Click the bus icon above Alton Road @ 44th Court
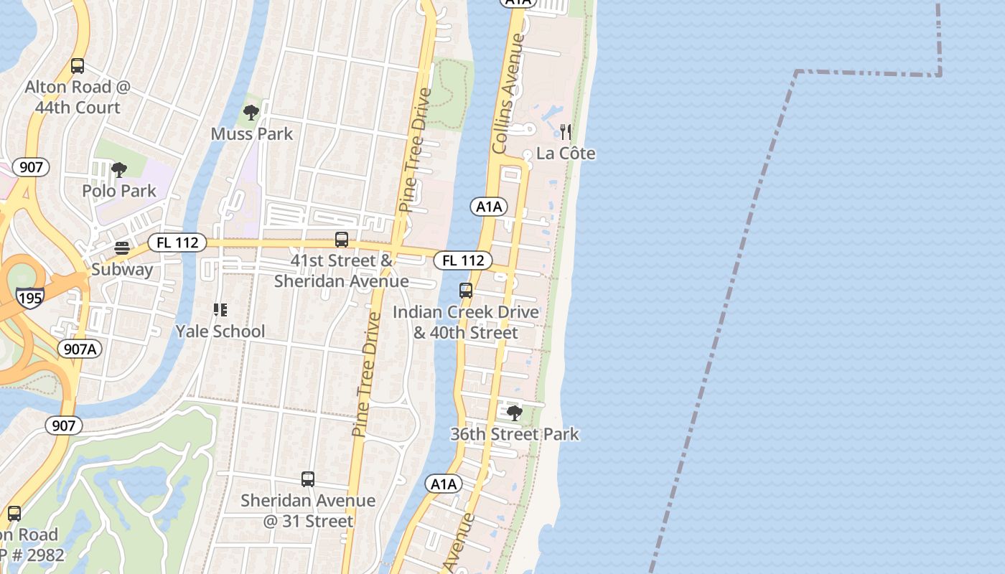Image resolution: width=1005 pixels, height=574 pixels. coord(78,66)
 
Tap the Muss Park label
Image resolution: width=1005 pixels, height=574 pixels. coord(252,133)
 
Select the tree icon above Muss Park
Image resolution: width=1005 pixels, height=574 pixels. coord(251,112)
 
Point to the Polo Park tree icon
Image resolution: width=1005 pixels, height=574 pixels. coord(119,170)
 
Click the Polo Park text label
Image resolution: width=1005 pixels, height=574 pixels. coord(119,191)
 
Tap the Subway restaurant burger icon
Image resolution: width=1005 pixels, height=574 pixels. coord(122,248)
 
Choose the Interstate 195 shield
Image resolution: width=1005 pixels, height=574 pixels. coord(30,297)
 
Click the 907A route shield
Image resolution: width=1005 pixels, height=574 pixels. coord(80,349)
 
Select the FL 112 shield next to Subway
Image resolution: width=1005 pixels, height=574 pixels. coord(177,243)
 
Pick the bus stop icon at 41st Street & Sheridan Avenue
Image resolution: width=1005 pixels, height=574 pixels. coord(342,240)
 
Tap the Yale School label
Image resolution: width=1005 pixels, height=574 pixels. coord(220,331)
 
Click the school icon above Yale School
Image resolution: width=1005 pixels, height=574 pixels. coord(220,310)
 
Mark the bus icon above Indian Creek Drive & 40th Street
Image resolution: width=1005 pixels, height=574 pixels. coord(466,291)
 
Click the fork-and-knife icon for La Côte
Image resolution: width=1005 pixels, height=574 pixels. coord(566,132)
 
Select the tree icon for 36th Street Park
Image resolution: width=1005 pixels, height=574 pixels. coord(514,413)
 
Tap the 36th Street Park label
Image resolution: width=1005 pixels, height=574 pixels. coord(514,434)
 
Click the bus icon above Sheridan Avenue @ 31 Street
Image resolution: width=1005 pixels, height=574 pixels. coord(308,479)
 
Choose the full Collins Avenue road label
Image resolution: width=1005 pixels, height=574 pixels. coord(509,93)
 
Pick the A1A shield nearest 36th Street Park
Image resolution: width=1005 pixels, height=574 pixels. coord(444,484)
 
